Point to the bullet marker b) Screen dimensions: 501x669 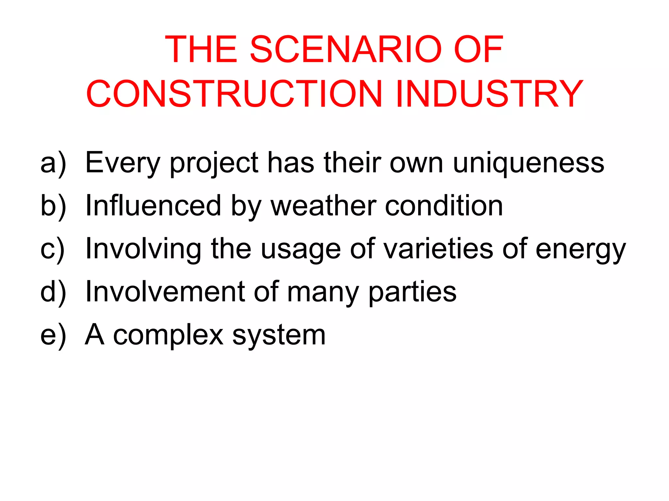53,205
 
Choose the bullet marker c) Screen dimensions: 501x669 53,249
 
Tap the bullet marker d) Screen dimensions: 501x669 53,292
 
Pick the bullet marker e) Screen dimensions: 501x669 53,335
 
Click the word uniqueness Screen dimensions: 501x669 529,163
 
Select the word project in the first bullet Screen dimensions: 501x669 214,163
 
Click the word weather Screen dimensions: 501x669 323,205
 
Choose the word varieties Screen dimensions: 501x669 438,249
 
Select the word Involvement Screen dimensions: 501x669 165,292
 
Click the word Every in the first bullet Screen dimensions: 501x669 122,163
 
